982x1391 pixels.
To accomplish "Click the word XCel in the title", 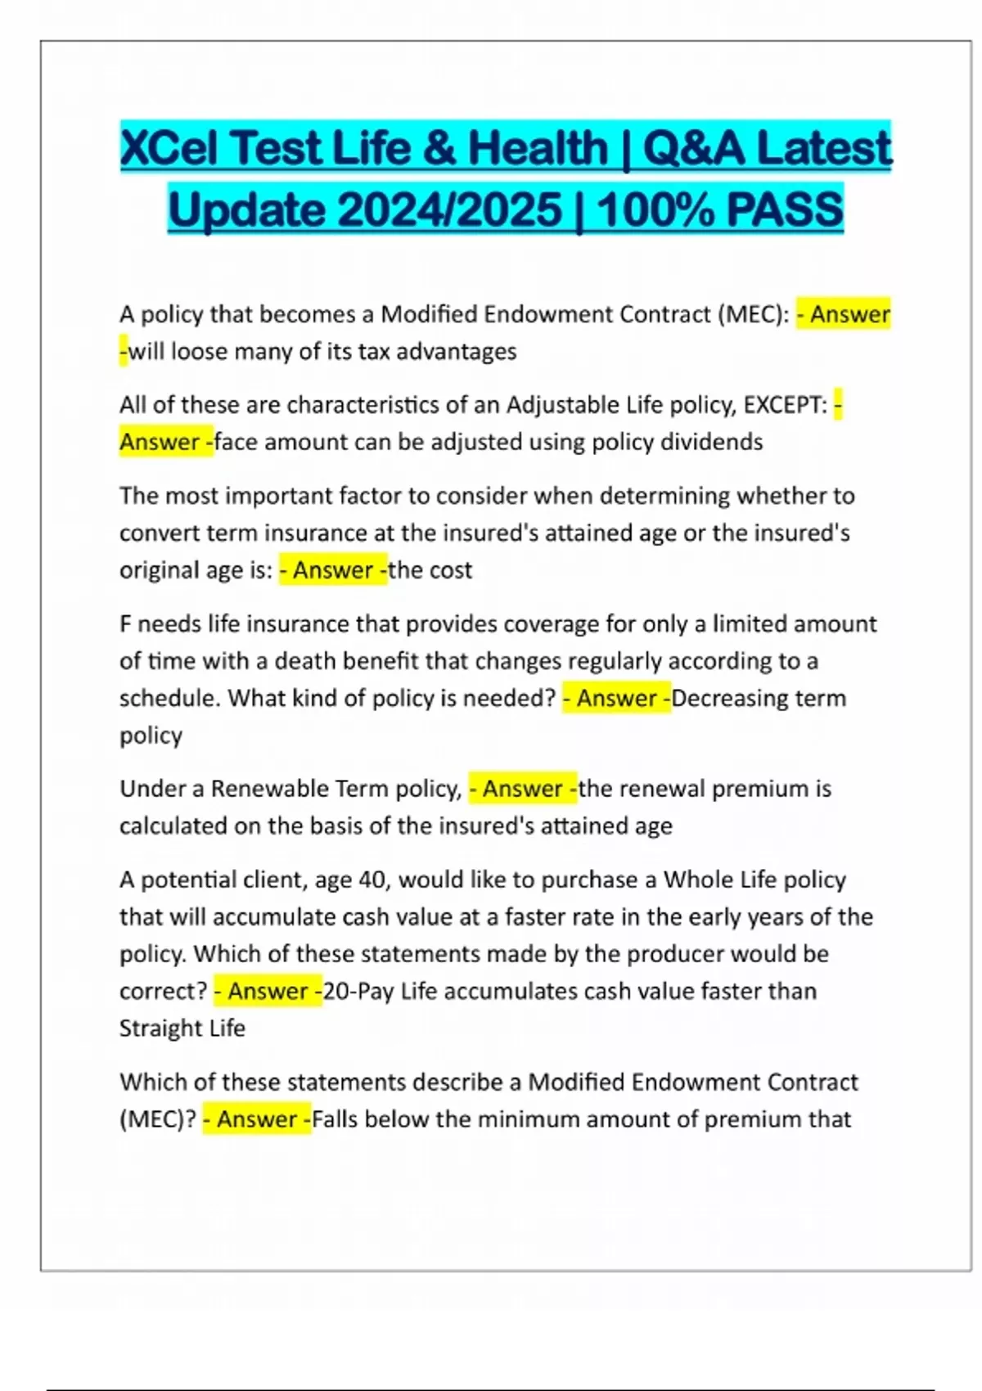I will pyautogui.click(x=169, y=148).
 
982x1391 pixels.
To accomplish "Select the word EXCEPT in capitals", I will pyautogui.click(x=784, y=405).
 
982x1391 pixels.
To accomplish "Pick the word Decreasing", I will pyautogui.click(x=723, y=698).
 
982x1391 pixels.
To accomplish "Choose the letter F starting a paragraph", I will pyautogui.click(x=126, y=624).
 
